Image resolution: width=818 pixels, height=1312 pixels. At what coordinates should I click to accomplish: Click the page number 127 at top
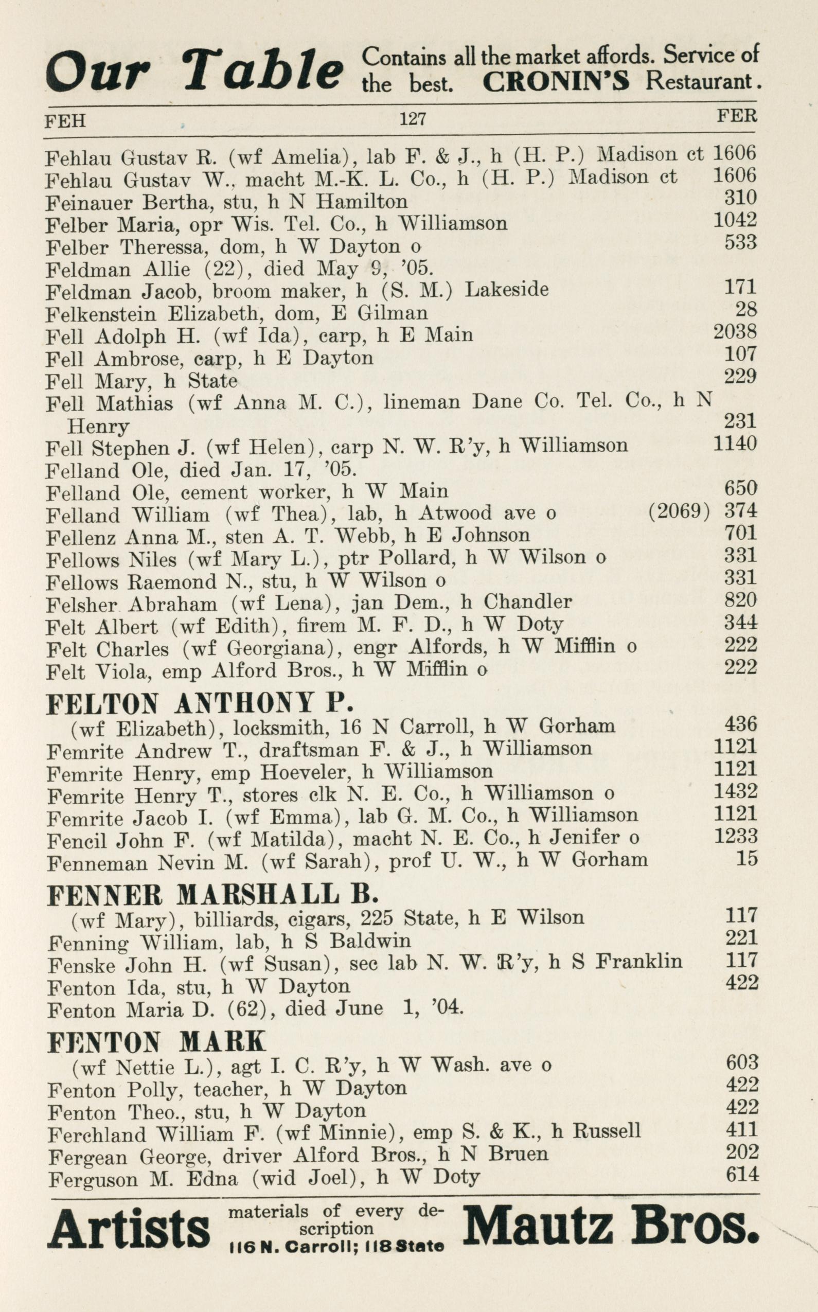click(x=413, y=118)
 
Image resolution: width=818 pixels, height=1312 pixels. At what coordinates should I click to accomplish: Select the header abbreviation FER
click(x=737, y=116)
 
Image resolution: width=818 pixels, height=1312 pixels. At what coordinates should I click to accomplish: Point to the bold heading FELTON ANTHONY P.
click(x=200, y=703)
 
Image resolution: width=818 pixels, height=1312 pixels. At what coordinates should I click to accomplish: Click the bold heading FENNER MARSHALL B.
click(x=212, y=895)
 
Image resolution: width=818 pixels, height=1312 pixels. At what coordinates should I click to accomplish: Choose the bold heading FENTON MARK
click(x=157, y=1041)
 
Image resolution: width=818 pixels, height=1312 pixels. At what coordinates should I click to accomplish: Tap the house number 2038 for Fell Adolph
click(x=735, y=331)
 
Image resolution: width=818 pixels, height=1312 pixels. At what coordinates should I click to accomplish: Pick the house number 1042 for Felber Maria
click(x=735, y=219)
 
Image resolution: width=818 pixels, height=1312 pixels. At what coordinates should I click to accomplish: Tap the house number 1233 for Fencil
click(x=736, y=837)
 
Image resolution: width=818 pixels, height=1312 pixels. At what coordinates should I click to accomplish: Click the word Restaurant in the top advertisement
click(x=702, y=81)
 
